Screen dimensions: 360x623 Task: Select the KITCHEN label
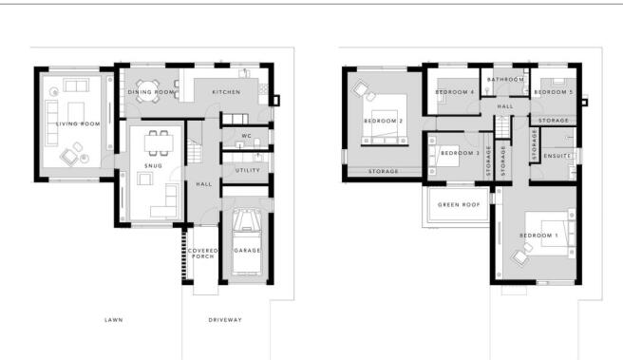(226, 92)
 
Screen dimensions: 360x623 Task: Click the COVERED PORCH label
(203, 254)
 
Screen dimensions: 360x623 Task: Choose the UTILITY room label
(247, 171)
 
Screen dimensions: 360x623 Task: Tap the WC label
(244, 136)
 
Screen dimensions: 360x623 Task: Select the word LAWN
(113, 320)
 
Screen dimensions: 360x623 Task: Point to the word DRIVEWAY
(225, 320)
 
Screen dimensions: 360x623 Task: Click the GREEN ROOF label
(457, 206)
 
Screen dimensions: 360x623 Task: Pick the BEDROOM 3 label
(459, 153)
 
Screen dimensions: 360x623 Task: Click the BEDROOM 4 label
(456, 92)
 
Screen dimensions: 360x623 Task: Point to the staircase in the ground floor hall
(196, 150)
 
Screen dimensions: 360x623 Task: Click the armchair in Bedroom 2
(362, 90)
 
